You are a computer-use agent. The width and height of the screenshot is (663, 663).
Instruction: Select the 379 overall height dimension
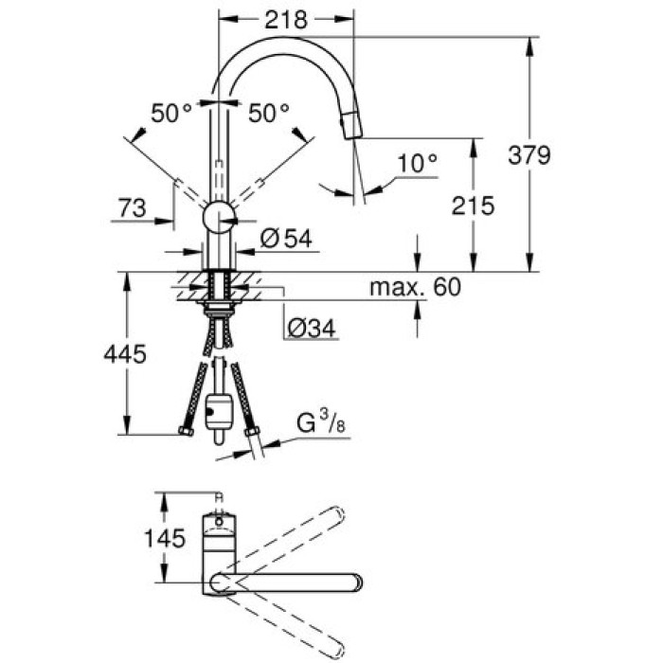[x=529, y=154]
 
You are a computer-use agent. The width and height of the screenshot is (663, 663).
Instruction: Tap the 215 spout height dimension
[x=473, y=206]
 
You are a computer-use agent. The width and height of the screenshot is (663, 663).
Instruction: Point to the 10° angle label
[x=418, y=164]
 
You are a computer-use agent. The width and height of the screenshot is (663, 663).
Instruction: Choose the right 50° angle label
[x=269, y=114]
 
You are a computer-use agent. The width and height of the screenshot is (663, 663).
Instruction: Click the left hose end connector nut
[x=186, y=432]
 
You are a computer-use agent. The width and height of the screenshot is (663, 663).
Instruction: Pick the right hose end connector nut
[x=252, y=433]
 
